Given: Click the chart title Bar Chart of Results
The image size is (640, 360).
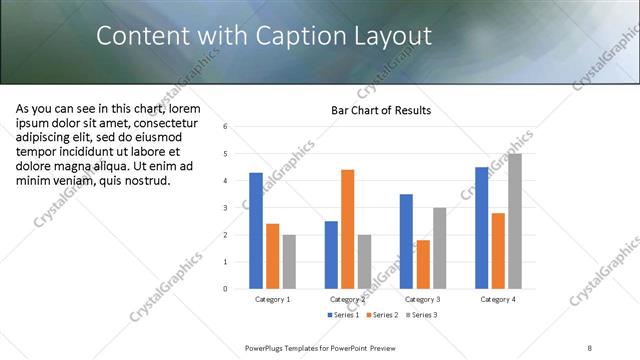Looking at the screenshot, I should pos(381,110).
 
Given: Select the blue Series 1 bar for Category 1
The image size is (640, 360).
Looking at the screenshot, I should pos(256,231).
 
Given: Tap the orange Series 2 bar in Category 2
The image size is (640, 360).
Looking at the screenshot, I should pos(347,229).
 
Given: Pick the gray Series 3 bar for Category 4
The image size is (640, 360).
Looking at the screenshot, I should pos(515,221).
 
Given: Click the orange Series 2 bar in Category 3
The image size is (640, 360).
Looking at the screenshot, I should pos(423,264).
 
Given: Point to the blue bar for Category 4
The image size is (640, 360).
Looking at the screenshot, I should pos(482,228).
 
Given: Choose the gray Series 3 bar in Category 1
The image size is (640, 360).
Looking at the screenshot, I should pos(289,262).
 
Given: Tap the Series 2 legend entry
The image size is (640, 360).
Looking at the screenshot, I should pos(383,315).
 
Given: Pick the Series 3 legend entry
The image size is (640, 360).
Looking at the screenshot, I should pos(422,315).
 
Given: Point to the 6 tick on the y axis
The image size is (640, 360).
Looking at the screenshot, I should pos(226,127).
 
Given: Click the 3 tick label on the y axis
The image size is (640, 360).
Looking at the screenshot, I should pos(226,208).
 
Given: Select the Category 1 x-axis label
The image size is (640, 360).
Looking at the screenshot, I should pos(273,299).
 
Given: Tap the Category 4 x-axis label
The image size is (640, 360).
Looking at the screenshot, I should pos(498,299).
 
